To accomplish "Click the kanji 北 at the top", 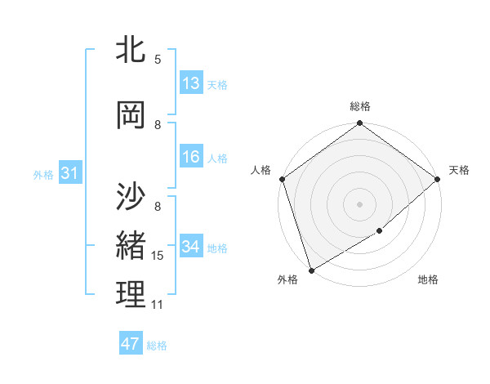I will click(x=131, y=49).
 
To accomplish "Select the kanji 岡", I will click(x=131, y=115).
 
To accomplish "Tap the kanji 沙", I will click(x=131, y=195).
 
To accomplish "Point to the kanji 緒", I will click(x=131, y=244).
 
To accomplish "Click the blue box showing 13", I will click(x=191, y=83).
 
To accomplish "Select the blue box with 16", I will click(x=191, y=157).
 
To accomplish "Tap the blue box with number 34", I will click(x=191, y=247).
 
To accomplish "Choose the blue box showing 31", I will click(x=69, y=173).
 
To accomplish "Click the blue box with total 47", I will click(x=131, y=344).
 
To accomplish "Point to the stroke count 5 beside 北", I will click(x=158, y=60).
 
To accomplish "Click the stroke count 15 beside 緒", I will click(x=158, y=256).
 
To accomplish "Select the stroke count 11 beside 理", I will click(x=158, y=305).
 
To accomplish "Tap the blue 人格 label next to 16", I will click(x=217, y=158).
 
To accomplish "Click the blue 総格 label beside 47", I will click(x=157, y=346).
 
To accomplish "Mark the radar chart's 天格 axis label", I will click(x=459, y=170).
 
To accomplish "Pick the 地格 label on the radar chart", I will click(x=428, y=280).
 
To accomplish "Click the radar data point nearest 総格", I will click(x=359, y=124).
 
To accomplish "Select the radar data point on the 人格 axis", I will click(x=282, y=179).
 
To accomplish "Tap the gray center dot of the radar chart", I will click(x=359, y=203).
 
